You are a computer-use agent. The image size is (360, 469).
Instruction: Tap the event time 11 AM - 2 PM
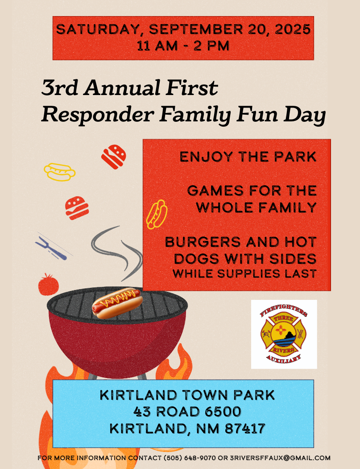(x=183, y=46)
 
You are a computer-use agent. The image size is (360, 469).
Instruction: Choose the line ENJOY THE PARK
(x=248, y=157)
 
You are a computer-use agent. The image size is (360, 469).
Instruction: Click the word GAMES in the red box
(x=215, y=191)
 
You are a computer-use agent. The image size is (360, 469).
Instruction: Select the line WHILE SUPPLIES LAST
(x=244, y=274)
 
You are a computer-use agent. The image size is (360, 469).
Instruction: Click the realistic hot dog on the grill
(x=117, y=303)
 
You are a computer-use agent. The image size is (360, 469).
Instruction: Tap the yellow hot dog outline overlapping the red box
(x=157, y=215)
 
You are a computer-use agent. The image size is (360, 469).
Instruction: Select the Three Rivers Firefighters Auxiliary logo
(x=284, y=334)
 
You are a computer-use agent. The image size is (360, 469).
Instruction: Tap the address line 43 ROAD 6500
(x=187, y=411)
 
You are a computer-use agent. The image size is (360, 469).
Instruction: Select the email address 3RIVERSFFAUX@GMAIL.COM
(x=280, y=458)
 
